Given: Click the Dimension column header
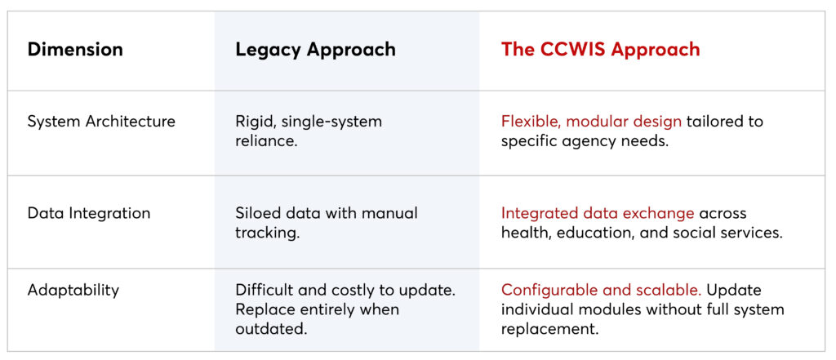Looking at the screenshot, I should click(75, 49).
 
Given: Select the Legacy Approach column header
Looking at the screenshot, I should click(315, 49).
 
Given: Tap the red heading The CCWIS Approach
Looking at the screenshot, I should click(600, 49).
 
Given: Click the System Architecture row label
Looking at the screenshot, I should click(101, 122).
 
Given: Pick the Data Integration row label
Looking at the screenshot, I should click(89, 213).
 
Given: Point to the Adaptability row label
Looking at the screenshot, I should click(73, 290).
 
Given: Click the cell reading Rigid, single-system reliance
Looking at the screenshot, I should click(308, 131).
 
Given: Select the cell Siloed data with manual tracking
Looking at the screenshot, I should click(326, 222).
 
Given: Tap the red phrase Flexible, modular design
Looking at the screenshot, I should click(591, 122).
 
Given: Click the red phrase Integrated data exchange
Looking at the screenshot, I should click(598, 213).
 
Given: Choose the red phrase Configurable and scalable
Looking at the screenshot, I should click(601, 290).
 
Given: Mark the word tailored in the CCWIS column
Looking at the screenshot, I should click(715, 122).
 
